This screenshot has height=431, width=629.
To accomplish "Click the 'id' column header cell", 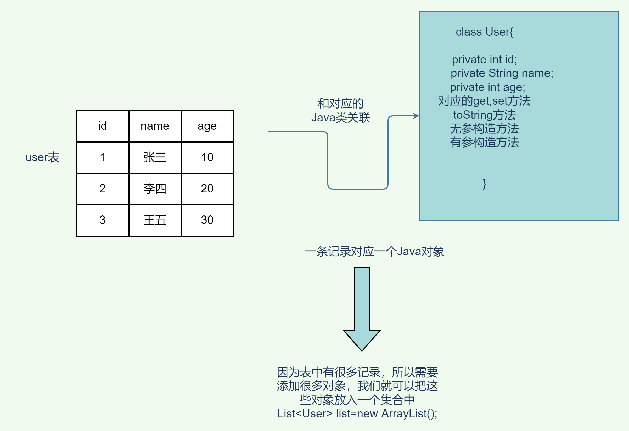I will coord(103,126).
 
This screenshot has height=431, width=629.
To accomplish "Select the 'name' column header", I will coord(155,126).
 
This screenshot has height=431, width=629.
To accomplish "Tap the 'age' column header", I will coord(207,126).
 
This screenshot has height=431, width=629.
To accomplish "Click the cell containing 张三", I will coord(155,157).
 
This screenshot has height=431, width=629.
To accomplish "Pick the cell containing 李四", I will coord(155,189).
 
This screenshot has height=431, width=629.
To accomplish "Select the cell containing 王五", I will coord(155,220).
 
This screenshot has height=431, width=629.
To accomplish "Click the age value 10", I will coord(207,157).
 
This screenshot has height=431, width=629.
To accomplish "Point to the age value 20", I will coord(207,189).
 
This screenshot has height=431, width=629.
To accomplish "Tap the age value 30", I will coord(207,220).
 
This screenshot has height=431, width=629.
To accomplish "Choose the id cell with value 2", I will coord(103,189).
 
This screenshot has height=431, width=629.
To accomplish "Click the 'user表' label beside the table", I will coord(42,157).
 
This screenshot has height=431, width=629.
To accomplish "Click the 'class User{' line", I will coord(484,32).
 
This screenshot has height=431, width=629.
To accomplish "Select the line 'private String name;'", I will coord(502,73).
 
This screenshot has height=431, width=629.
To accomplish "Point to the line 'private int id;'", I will coord(484,60).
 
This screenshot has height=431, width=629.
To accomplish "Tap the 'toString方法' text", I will coord(485,115).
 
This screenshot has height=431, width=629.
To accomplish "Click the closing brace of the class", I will coord(485,184).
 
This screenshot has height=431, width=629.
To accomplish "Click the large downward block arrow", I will coord(362,308).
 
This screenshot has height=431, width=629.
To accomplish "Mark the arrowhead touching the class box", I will coord(416,116).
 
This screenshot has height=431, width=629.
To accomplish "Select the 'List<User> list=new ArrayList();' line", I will coord(357,414).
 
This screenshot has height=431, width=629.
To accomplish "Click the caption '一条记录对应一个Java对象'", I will coord(374,252).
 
